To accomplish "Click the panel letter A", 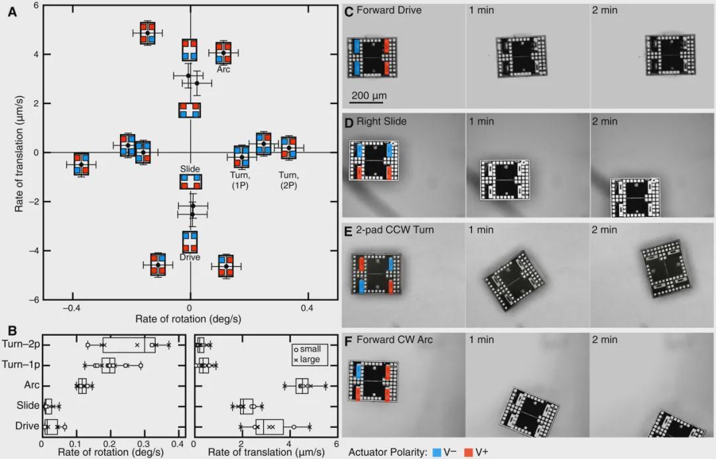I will click(x=12, y=11).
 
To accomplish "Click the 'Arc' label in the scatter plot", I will click(x=223, y=69).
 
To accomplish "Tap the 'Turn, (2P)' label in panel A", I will click(x=288, y=180).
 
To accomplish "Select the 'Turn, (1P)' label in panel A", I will click(x=240, y=180).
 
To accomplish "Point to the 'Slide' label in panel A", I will click(x=190, y=169).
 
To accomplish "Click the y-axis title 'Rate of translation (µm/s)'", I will click(x=19, y=151).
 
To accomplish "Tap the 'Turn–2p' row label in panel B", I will click(x=21, y=344).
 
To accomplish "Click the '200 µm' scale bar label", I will click(x=369, y=96).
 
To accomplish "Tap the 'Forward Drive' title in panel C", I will click(x=388, y=10).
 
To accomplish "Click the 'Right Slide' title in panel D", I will click(x=381, y=121).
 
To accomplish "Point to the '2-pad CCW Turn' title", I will click(x=395, y=229).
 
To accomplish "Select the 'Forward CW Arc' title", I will click(x=394, y=340).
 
